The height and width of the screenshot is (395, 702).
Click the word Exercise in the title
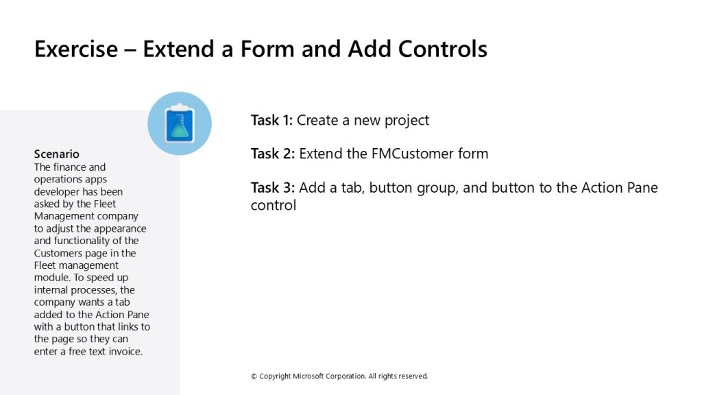pos(76,49)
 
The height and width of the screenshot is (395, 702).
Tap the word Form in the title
pos(268,49)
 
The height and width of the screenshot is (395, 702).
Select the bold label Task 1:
pos(271,120)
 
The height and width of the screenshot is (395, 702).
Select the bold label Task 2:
pos(273,154)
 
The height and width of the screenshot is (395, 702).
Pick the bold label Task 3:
pos(273,188)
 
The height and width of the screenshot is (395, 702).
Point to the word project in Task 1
pos(407,121)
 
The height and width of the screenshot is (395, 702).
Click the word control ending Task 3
pos(273,205)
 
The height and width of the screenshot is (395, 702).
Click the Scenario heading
pos(56,154)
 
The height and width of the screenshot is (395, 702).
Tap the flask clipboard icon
pos(180,123)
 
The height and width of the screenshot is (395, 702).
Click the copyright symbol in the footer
pos(254,376)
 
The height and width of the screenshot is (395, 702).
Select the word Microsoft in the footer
pos(308,376)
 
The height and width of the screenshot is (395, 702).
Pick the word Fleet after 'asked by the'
pos(105,204)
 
